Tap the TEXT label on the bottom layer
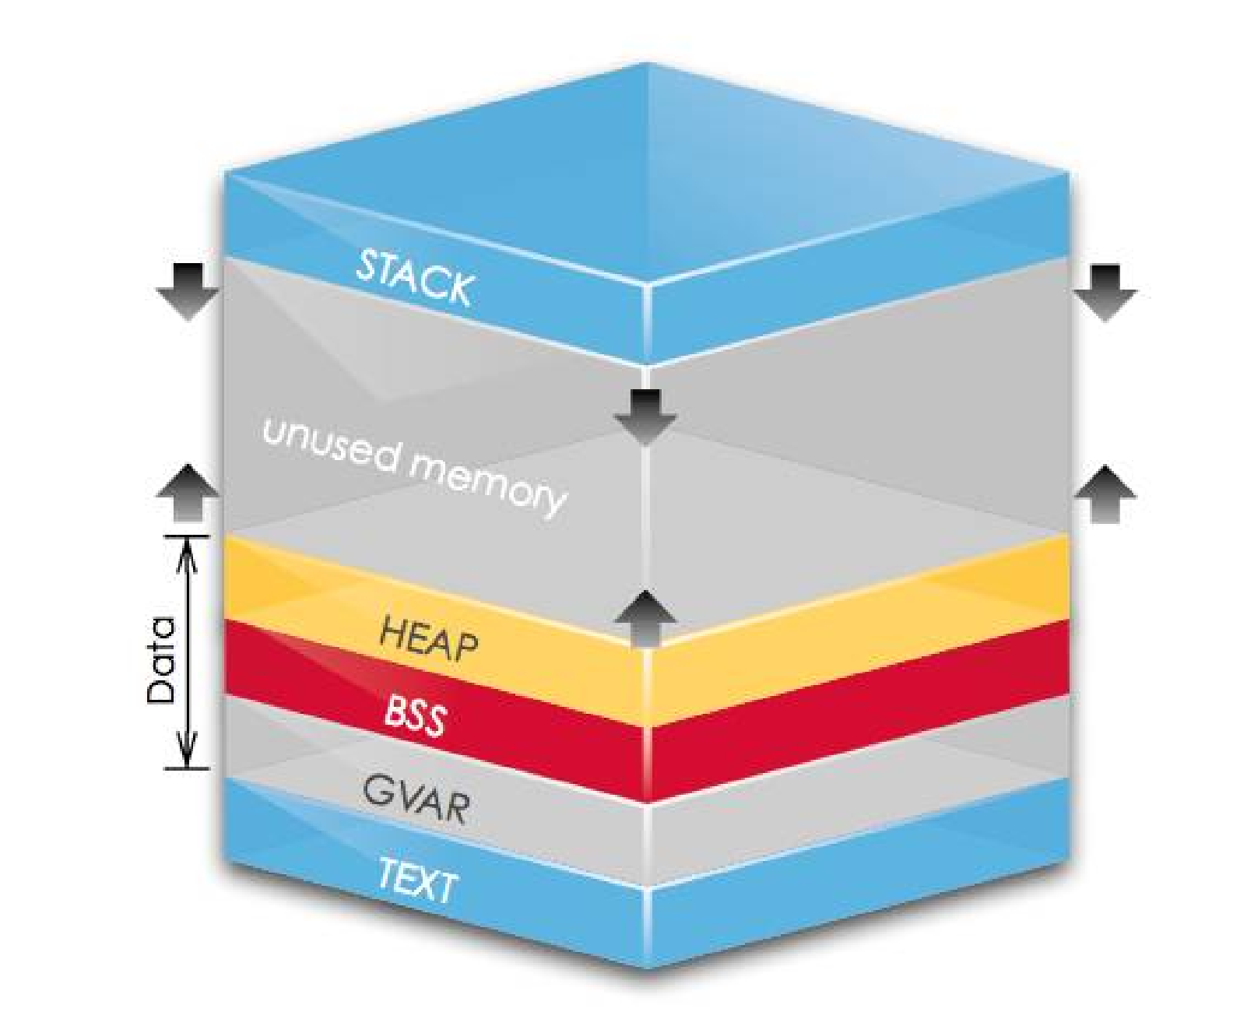coord(417,880)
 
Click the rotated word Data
coord(160,660)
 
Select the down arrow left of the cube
coord(188,293)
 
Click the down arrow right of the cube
coord(1105,293)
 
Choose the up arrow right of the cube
coord(1105,494)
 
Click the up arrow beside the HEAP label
coord(645,618)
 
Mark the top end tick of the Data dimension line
coord(187,536)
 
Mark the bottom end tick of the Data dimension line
coord(187,768)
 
